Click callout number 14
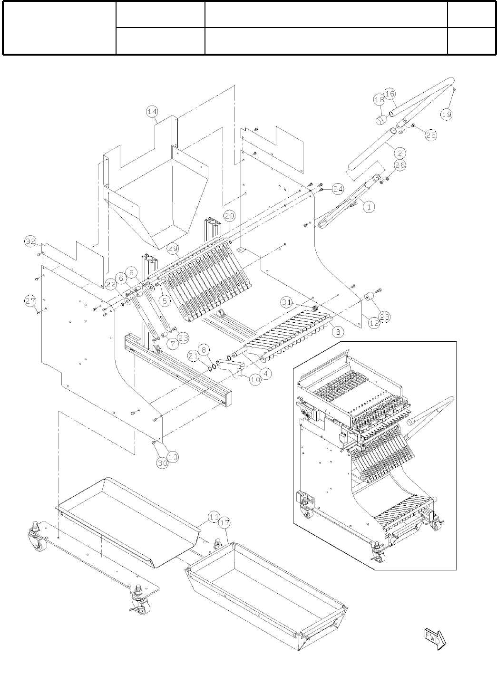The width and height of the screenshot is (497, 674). coord(152,112)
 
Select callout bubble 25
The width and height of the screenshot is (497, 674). coord(430,135)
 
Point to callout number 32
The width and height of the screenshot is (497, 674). coord(30,242)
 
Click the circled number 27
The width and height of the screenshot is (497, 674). coord(30,300)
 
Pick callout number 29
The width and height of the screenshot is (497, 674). coord(173,248)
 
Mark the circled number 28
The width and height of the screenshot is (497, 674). coord(384,316)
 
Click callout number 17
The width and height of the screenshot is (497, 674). coord(225,523)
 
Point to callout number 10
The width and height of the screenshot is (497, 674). coord(255,380)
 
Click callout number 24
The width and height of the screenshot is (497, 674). coord(338,189)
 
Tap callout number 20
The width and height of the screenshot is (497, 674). coord(230,216)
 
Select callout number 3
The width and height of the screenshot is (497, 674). coord(337,332)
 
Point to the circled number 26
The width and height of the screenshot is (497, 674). coord(400,165)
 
